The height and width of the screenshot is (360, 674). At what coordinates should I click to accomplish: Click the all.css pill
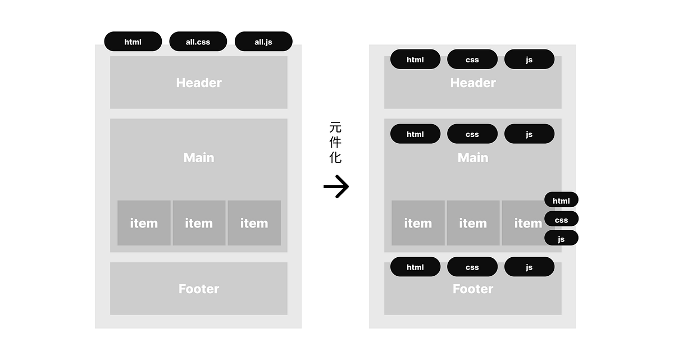tap(198, 42)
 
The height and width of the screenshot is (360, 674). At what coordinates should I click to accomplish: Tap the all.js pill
tap(263, 42)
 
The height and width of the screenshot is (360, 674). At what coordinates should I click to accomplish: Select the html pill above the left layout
tap(133, 42)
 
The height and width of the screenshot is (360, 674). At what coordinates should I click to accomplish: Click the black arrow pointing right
tap(336, 186)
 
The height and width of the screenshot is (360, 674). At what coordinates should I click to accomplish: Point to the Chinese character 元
tap(335, 127)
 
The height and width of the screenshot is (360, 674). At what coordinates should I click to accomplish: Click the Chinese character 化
tap(335, 157)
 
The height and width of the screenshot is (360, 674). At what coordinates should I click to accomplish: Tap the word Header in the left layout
tap(199, 83)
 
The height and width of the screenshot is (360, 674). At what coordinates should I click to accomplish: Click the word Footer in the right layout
tap(473, 289)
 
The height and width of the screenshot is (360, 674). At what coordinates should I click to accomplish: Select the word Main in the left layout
tap(199, 158)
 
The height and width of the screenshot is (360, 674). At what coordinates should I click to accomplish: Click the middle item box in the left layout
tap(199, 223)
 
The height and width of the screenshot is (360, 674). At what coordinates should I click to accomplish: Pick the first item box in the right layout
tap(418, 223)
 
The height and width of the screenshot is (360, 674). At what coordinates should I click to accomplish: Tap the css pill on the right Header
tap(472, 59)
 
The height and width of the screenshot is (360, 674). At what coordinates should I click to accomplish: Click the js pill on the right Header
tap(529, 59)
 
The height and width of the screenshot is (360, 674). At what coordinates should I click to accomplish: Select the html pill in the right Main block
tap(415, 134)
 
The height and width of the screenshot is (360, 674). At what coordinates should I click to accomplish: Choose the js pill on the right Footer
tap(529, 267)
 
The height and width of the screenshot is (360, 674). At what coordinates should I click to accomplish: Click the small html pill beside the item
tap(561, 200)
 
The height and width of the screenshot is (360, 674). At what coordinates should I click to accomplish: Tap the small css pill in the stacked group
tap(561, 219)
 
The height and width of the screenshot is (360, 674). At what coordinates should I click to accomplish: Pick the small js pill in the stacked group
tap(561, 238)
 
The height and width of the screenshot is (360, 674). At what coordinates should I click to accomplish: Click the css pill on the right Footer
tap(472, 267)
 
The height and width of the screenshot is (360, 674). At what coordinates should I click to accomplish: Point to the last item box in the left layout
tap(254, 223)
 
